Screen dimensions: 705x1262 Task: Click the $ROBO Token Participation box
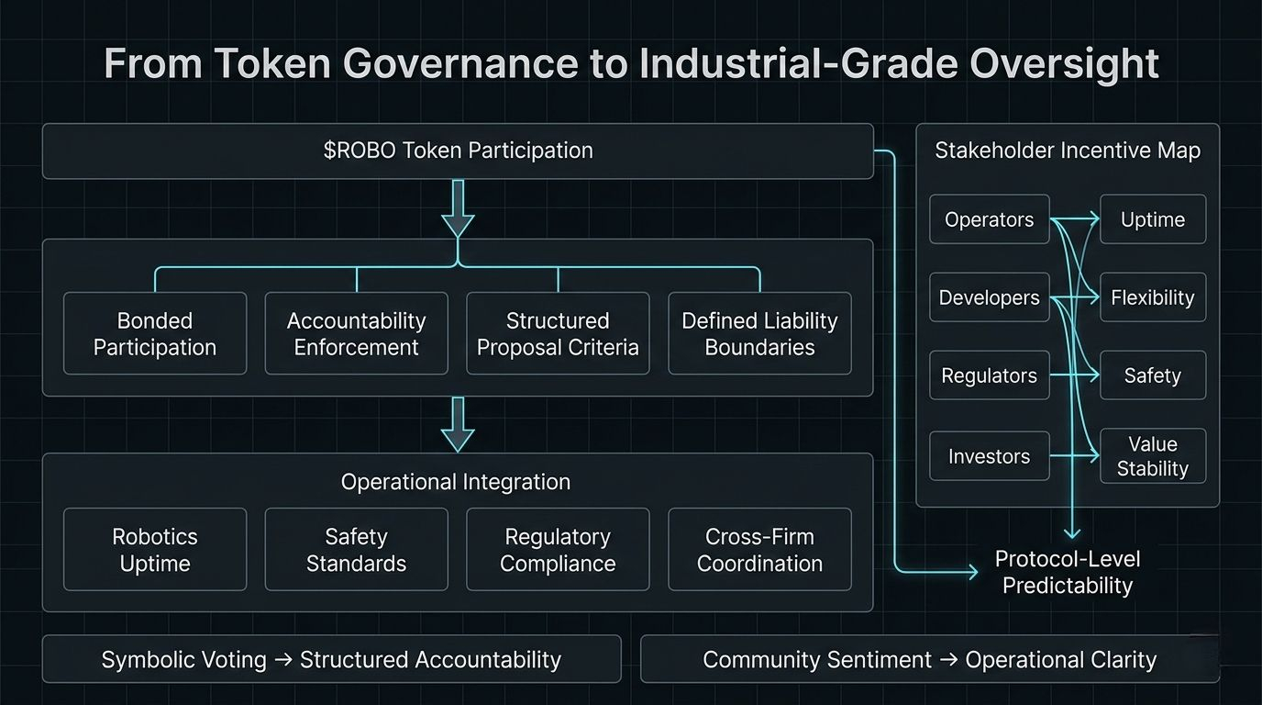pos(458,151)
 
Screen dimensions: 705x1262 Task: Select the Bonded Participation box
pos(155,333)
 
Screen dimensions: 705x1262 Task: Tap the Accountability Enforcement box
pos(356,333)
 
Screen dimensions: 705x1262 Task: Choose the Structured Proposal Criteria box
pos(558,333)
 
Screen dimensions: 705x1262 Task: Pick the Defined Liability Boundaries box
pos(759,333)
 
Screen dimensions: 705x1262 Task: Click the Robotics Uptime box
pos(155,549)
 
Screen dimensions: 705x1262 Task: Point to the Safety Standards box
pos(356,549)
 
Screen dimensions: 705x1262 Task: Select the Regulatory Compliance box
pos(558,549)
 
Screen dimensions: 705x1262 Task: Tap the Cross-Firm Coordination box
pos(759,549)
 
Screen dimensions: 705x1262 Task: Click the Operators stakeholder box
pos(989,219)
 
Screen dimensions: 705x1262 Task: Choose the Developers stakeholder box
pos(989,297)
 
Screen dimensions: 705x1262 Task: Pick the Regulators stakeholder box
pos(989,375)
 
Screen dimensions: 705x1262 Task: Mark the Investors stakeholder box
pos(989,456)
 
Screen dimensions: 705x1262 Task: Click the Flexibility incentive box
pos(1153,297)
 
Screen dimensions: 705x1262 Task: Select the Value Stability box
pos(1153,456)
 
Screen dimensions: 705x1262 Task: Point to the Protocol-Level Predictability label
pos(1068,572)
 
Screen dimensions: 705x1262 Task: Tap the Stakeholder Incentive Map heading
pos(1068,151)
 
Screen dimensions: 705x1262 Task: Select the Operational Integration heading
pos(456,482)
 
